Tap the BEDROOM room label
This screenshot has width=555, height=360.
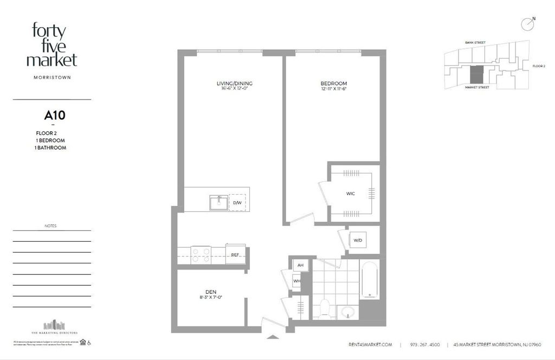pyautogui.click(x=333, y=83)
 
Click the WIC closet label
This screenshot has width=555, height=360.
pyautogui.click(x=351, y=193)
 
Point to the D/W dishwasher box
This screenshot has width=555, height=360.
pyautogui.click(x=237, y=203)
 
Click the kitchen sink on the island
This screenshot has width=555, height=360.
pyautogui.click(x=218, y=202)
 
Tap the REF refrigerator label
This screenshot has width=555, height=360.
pyautogui.click(x=236, y=254)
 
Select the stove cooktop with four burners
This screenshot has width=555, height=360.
pyautogui.click(x=201, y=254)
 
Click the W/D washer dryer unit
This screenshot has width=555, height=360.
pyautogui.click(x=358, y=240)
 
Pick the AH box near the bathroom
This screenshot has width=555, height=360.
pyautogui.click(x=299, y=266)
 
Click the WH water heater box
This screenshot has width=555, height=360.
pyautogui.click(x=297, y=281)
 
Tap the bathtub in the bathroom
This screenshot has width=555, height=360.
pyautogui.click(x=371, y=280)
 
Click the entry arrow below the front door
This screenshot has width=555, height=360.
pyautogui.click(x=273, y=337)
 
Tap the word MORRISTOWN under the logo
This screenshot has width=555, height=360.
pyautogui.click(x=52, y=77)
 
